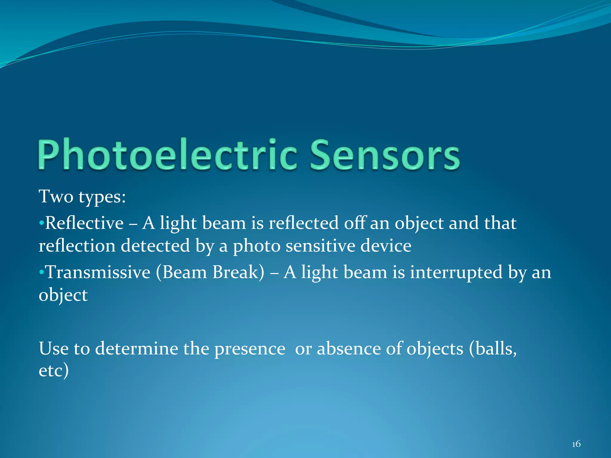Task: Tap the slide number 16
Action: (x=576, y=444)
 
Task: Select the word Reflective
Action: (x=84, y=223)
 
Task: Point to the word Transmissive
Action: (x=98, y=272)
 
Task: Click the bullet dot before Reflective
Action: (x=41, y=223)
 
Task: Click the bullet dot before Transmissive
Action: (x=41, y=273)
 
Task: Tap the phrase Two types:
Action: (x=82, y=197)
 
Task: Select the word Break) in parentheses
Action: (x=238, y=272)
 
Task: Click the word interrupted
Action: (x=456, y=272)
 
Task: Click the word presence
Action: (x=250, y=349)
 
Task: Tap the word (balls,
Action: (x=493, y=349)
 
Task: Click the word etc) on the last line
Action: (x=54, y=371)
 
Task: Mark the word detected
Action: (x=155, y=246)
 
